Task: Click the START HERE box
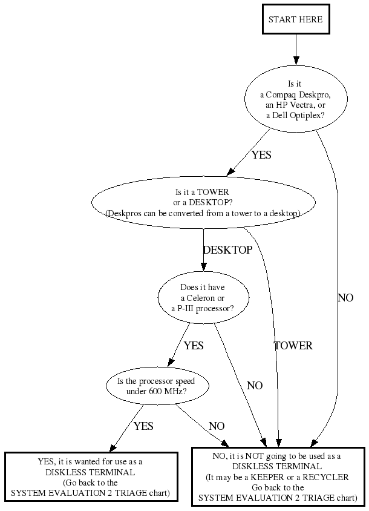(x=295, y=19)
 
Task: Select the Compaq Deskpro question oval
(x=295, y=98)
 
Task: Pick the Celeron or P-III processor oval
(x=203, y=298)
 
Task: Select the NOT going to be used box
(x=278, y=477)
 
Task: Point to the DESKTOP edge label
(x=227, y=249)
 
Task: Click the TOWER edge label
(x=293, y=346)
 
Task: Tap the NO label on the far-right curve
(x=345, y=298)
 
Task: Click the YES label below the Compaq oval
(x=261, y=155)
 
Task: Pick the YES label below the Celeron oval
(x=194, y=346)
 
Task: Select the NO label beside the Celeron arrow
(x=255, y=386)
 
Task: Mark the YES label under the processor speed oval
(x=143, y=426)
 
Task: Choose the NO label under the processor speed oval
(x=217, y=426)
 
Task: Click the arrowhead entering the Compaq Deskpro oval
(x=296, y=61)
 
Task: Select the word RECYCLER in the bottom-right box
(x=327, y=477)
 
